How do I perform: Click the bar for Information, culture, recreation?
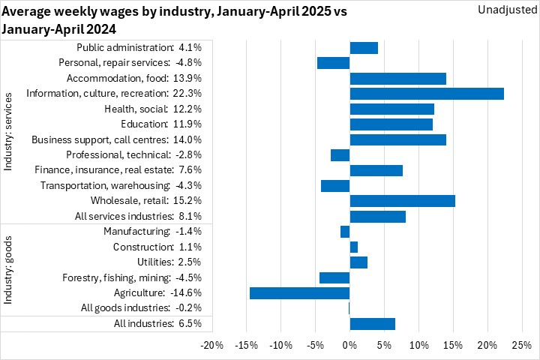click(427, 94)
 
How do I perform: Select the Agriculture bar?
click(299, 293)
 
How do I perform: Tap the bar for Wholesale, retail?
click(402, 201)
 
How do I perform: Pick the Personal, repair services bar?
click(333, 63)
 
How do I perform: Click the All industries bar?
click(372, 324)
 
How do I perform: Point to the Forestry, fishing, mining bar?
click(334, 278)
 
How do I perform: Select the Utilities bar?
click(358, 262)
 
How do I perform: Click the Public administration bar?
click(364, 48)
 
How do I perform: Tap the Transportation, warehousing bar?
click(335, 186)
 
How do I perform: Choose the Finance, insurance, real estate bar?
click(376, 170)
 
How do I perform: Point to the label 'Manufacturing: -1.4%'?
click(153, 232)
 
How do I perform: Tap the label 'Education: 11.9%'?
click(160, 124)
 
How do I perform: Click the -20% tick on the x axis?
click(212, 346)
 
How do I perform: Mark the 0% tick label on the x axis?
click(349, 346)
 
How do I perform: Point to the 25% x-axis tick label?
click(521, 346)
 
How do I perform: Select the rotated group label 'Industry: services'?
click(9, 132)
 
